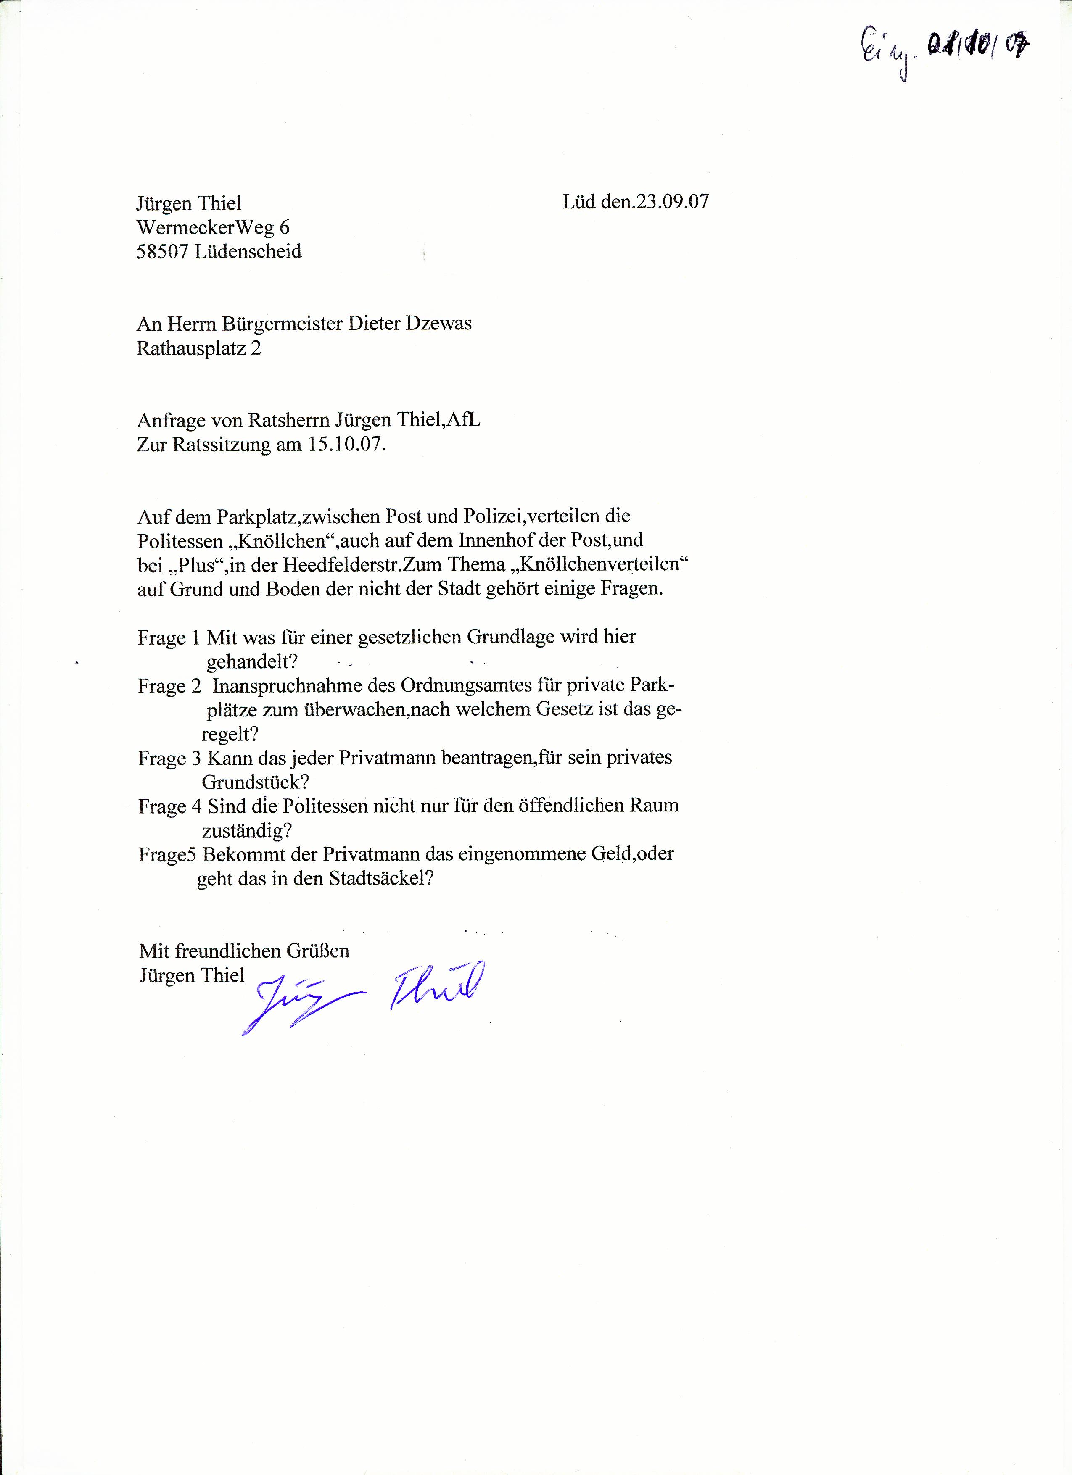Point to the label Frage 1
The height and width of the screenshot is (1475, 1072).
click(x=169, y=638)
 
